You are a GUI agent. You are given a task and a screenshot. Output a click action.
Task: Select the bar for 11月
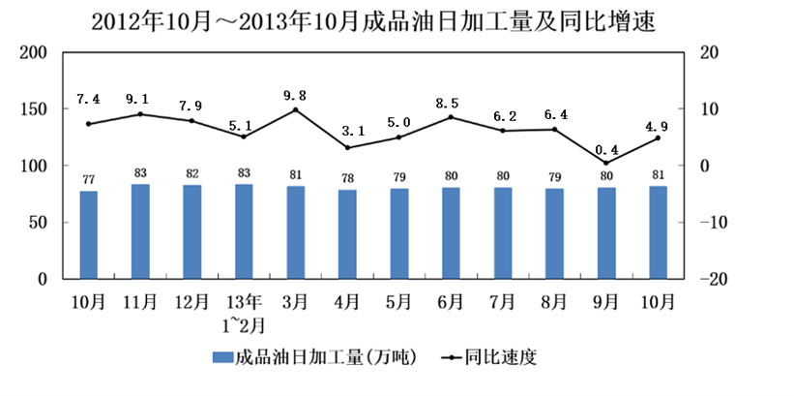[140, 231]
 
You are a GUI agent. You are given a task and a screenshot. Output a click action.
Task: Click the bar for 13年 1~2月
[244, 231]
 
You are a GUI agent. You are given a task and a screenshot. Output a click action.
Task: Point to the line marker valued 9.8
[296, 109]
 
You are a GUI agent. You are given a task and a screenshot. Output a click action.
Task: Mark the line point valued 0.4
[606, 163]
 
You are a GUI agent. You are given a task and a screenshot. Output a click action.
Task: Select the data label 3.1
[347, 131]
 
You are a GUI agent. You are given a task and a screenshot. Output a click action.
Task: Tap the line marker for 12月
[191, 121]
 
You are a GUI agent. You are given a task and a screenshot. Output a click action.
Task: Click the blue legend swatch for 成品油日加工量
[222, 357]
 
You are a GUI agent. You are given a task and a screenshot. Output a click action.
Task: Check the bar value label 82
[191, 171]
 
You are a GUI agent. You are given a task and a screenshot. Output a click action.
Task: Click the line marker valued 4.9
[659, 137]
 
